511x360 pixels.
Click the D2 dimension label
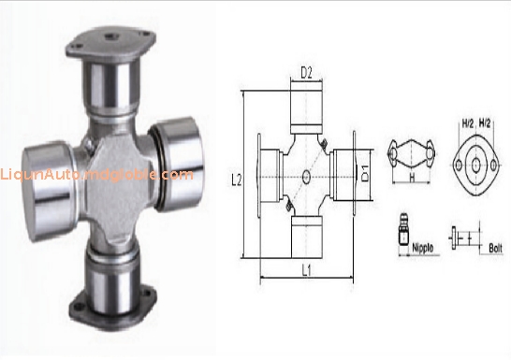click(305, 70)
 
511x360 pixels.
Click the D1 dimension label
click(367, 174)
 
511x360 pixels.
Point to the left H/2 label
click(467, 123)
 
